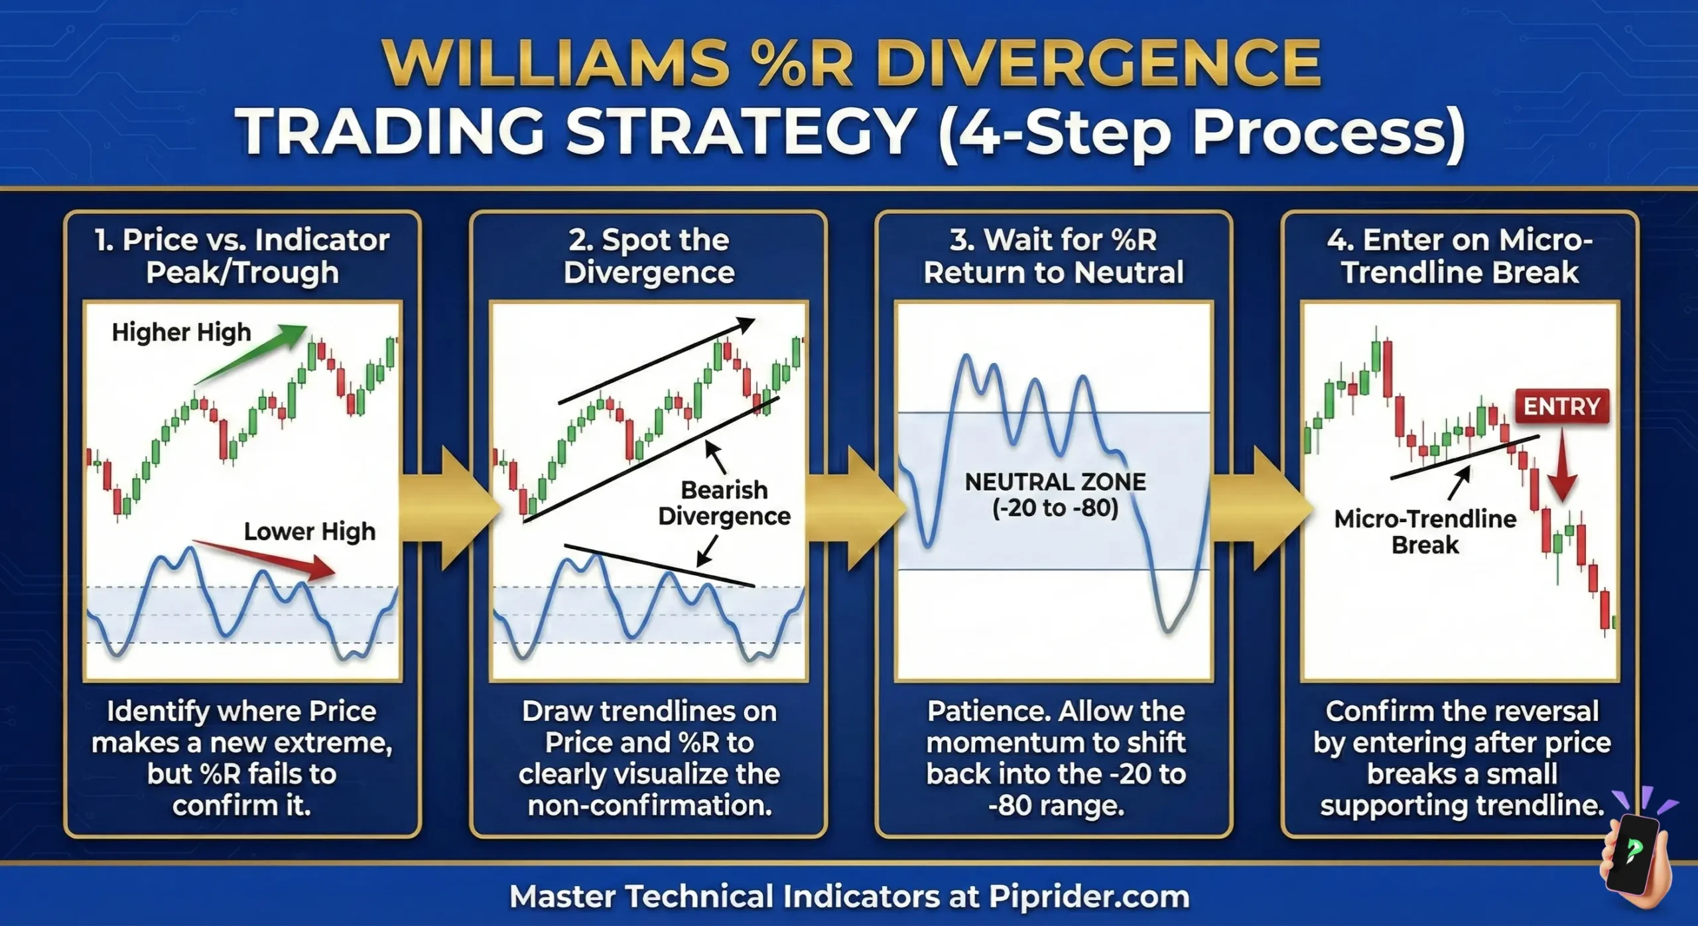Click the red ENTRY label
pos(1561,406)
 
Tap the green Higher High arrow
pos(252,354)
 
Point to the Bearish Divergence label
pos(724,503)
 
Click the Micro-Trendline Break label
pos(1425,531)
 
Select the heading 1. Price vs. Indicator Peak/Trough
pos(242,256)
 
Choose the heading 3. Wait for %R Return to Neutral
pos(1053,256)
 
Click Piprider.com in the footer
pos(1088,897)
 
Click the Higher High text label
pos(181,332)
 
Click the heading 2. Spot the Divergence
pos(649,256)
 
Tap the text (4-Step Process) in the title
pos(1201,132)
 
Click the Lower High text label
pos(309,531)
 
